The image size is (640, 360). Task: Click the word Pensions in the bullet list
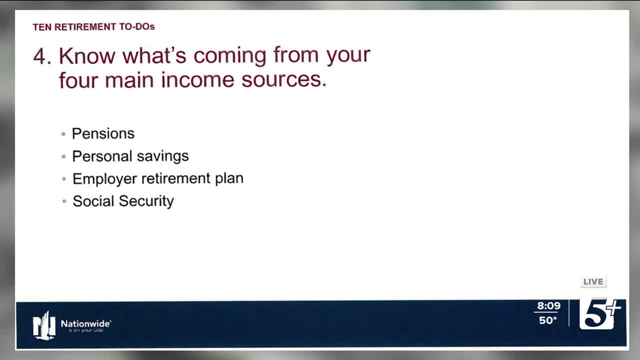[x=103, y=133]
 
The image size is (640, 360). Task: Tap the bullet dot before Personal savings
[x=63, y=156]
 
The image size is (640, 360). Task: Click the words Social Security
[x=123, y=201]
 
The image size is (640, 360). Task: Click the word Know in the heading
[x=87, y=55]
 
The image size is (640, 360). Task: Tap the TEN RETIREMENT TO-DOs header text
[x=93, y=27]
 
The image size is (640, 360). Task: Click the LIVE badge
[x=593, y=281]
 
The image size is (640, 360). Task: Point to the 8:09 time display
[x=548, y=305]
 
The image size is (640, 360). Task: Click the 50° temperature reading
[x=547, y=320]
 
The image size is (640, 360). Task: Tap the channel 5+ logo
[x=600, y=313]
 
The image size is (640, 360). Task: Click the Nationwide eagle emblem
[x=44, y=325]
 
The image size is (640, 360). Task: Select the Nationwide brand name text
[x=85, y=323]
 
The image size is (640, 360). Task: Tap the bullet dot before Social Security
[x=64, y=201]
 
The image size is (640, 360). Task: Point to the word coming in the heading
[x=230, y=56]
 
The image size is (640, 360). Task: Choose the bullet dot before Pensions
[x=63, y=134]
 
